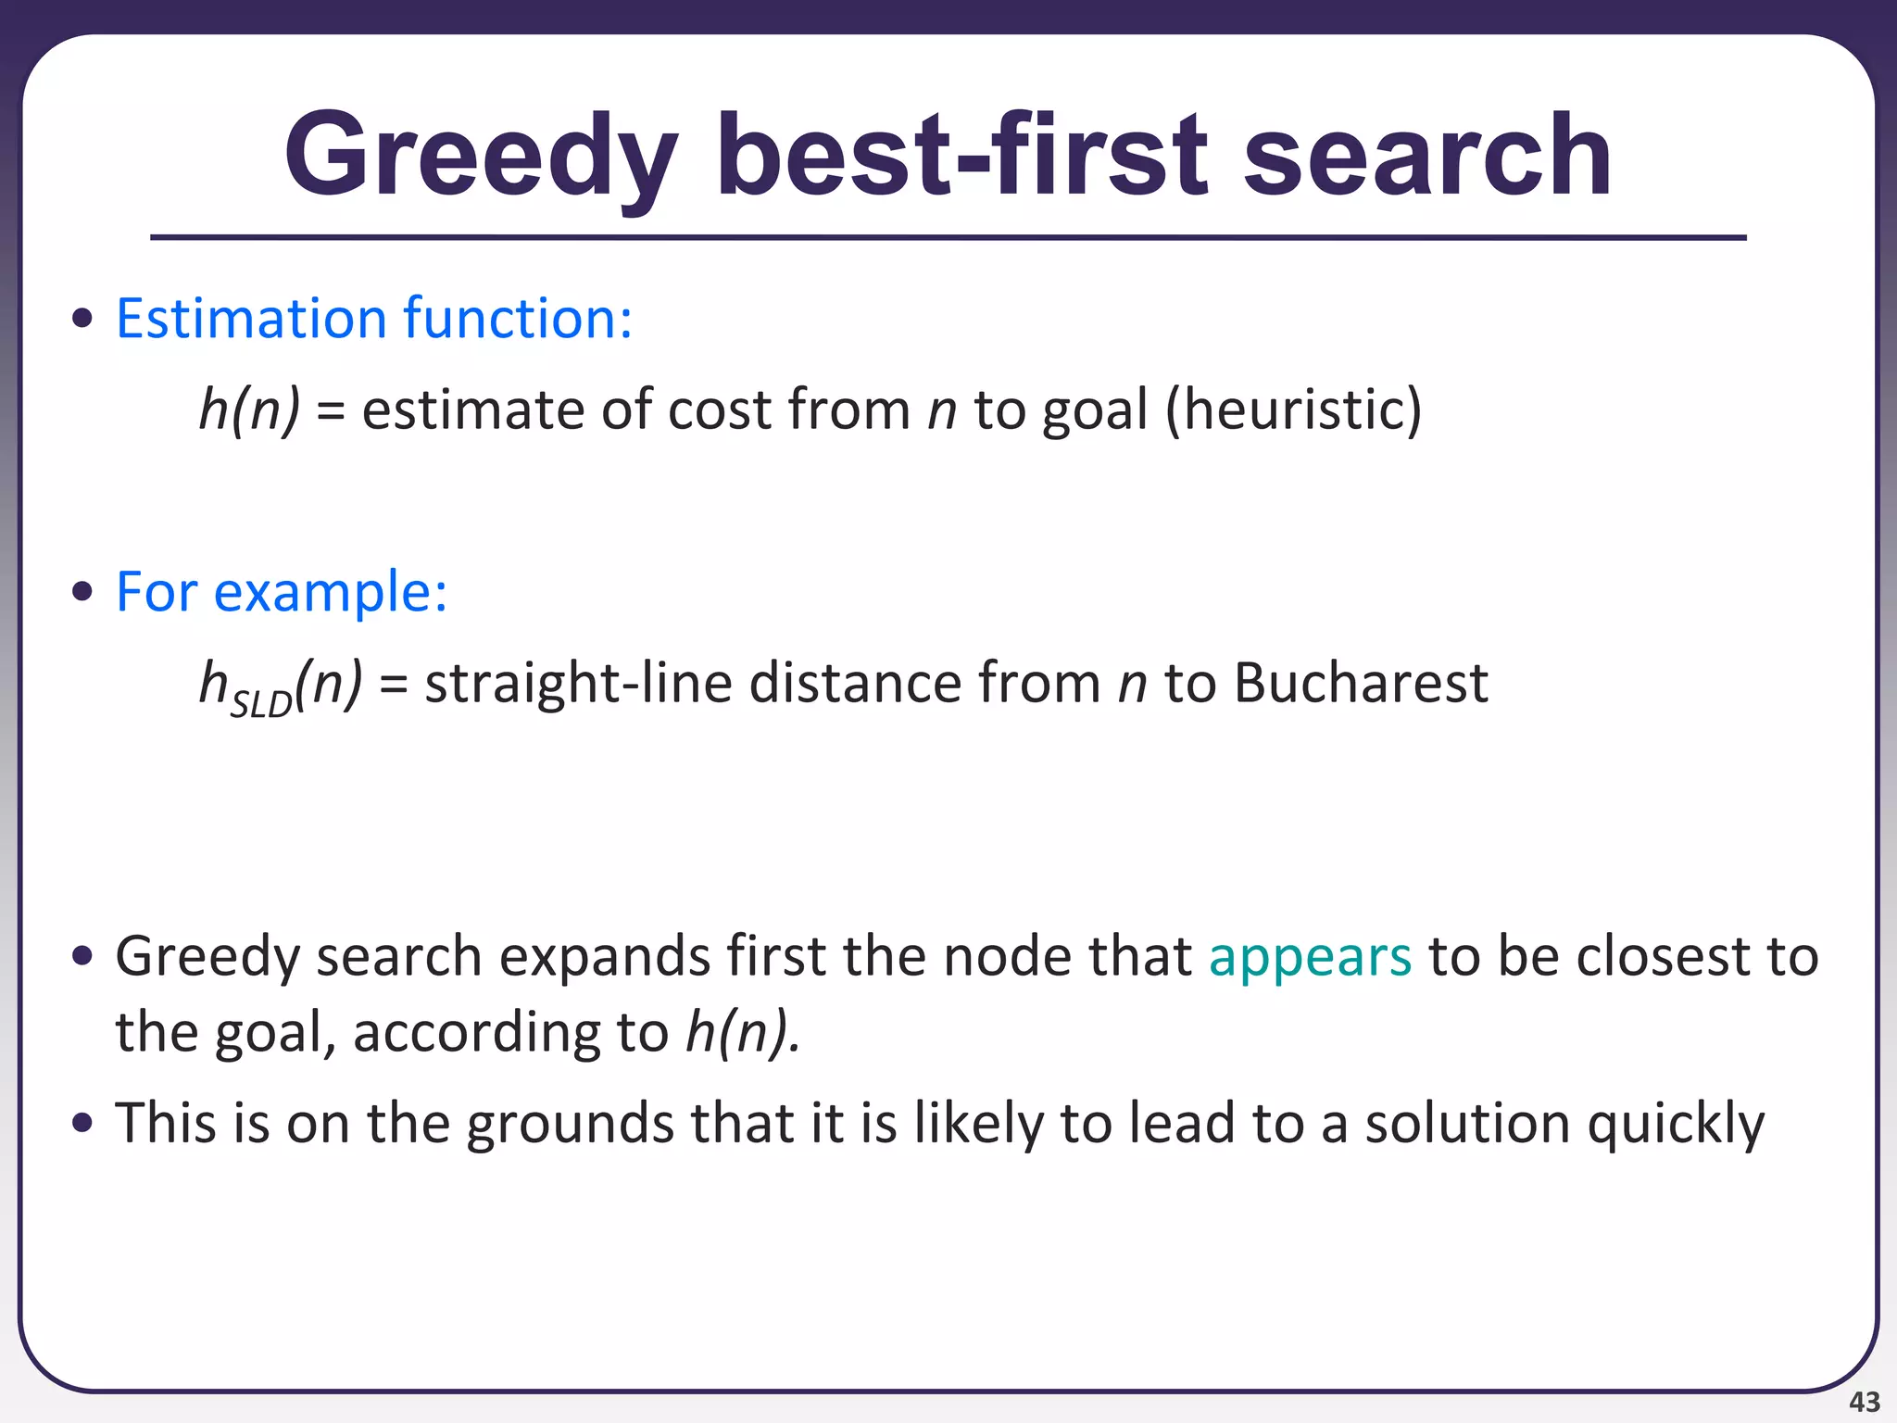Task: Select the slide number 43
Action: point(1864,1402)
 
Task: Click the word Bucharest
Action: point(1361,684)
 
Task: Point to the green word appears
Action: point(1310,957)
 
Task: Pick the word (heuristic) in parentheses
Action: point(1293,409)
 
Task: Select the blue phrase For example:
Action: point(282,592)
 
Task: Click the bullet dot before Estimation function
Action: point(82,319)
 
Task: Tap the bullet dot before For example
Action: point(82,592)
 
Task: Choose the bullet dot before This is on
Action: point(82,1123)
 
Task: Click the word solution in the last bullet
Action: point(1467,1123)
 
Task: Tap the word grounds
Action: point(570,1124)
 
